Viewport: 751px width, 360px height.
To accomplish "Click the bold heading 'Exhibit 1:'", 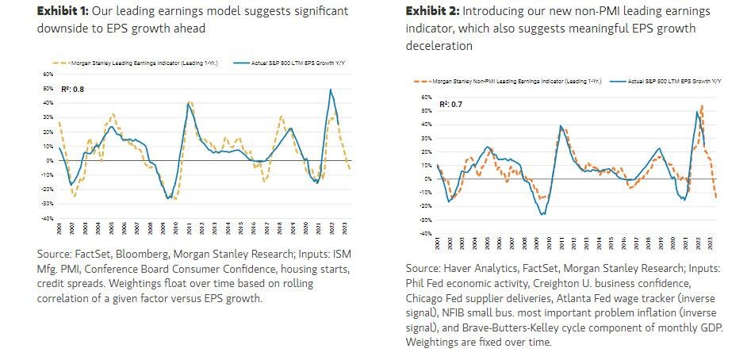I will point(65,11).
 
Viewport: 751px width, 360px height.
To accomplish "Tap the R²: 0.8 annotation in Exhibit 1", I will point(72,89).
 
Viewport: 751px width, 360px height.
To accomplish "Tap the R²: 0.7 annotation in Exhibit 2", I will point(429,104).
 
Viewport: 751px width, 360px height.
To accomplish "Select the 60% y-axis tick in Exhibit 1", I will point(48,74).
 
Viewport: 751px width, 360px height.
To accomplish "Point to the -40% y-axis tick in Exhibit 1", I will point(47,218).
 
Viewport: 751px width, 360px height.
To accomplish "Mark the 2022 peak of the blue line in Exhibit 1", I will point(330,90).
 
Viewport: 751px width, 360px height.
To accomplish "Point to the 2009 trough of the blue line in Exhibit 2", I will point(542,214).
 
